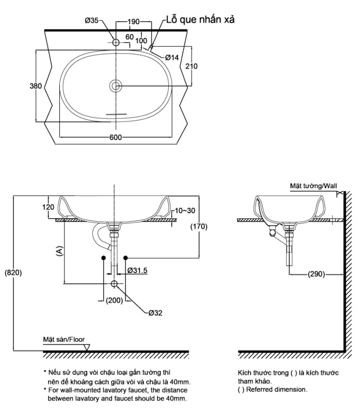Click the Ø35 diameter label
pyautogui.click(x=91, y=21)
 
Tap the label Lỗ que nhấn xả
pyautogui.click(x=200, y=20)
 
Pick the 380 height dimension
pyautogui.click(x=35, y=86)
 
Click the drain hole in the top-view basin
pyautogui.click(x=116, y=85)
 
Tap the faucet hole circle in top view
pyautogui.click(x=116, y=41)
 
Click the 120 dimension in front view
pyautogui.click(x=48, y=207)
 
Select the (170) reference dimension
pyautogui.click(x=199, y=226)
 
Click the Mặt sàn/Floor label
pyautogui.click(x=64, y=340)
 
